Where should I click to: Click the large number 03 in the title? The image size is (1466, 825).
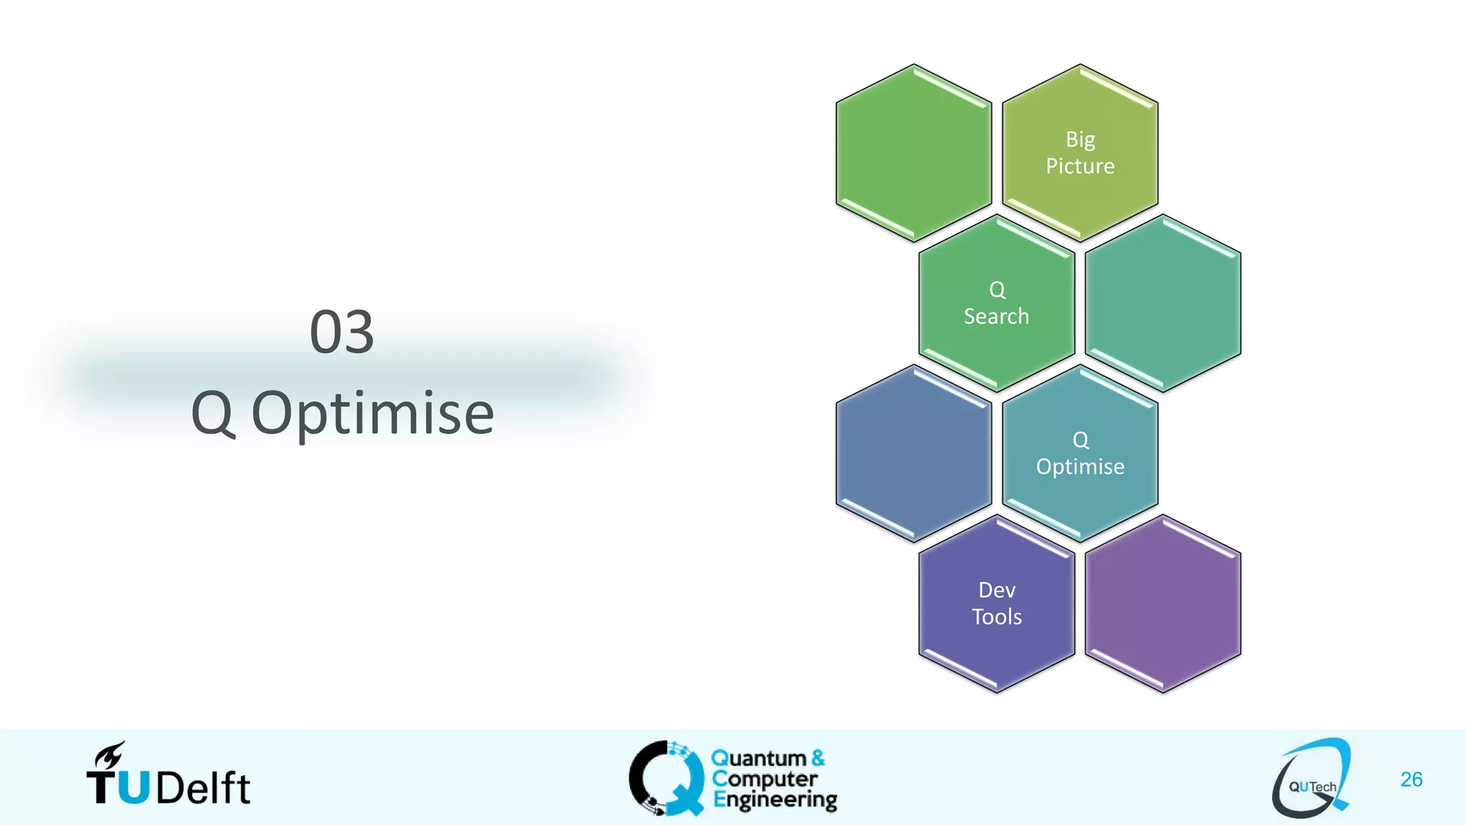(341, 332)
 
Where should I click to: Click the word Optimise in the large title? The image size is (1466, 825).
(372, 414)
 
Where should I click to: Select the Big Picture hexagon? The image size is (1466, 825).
(1080, 153)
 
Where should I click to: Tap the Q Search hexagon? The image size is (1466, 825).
(996, 303)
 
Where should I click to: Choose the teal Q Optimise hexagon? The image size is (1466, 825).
(1080, 453)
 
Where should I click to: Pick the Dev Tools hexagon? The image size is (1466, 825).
(996, 604)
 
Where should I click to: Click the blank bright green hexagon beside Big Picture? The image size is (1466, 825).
(913, 153)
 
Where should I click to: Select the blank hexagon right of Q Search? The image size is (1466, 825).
(1163, 303)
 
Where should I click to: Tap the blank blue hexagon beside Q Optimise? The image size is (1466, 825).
(913, 453)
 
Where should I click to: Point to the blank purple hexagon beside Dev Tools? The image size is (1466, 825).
(1163, 604)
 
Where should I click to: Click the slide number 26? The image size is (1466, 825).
(1411, 779)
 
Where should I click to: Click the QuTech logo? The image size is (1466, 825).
(1311, 779)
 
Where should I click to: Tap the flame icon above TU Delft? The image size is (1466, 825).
(110, 755)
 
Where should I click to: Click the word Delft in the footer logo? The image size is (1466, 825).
(203, 788)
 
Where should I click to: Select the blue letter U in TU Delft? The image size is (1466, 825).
(134, 788)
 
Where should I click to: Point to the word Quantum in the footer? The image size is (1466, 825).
(759, 758)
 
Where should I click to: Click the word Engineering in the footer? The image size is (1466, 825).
(775, 800)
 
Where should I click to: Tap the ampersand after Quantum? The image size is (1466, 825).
(818, 758)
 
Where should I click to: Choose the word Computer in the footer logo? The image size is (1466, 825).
(764, 778)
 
